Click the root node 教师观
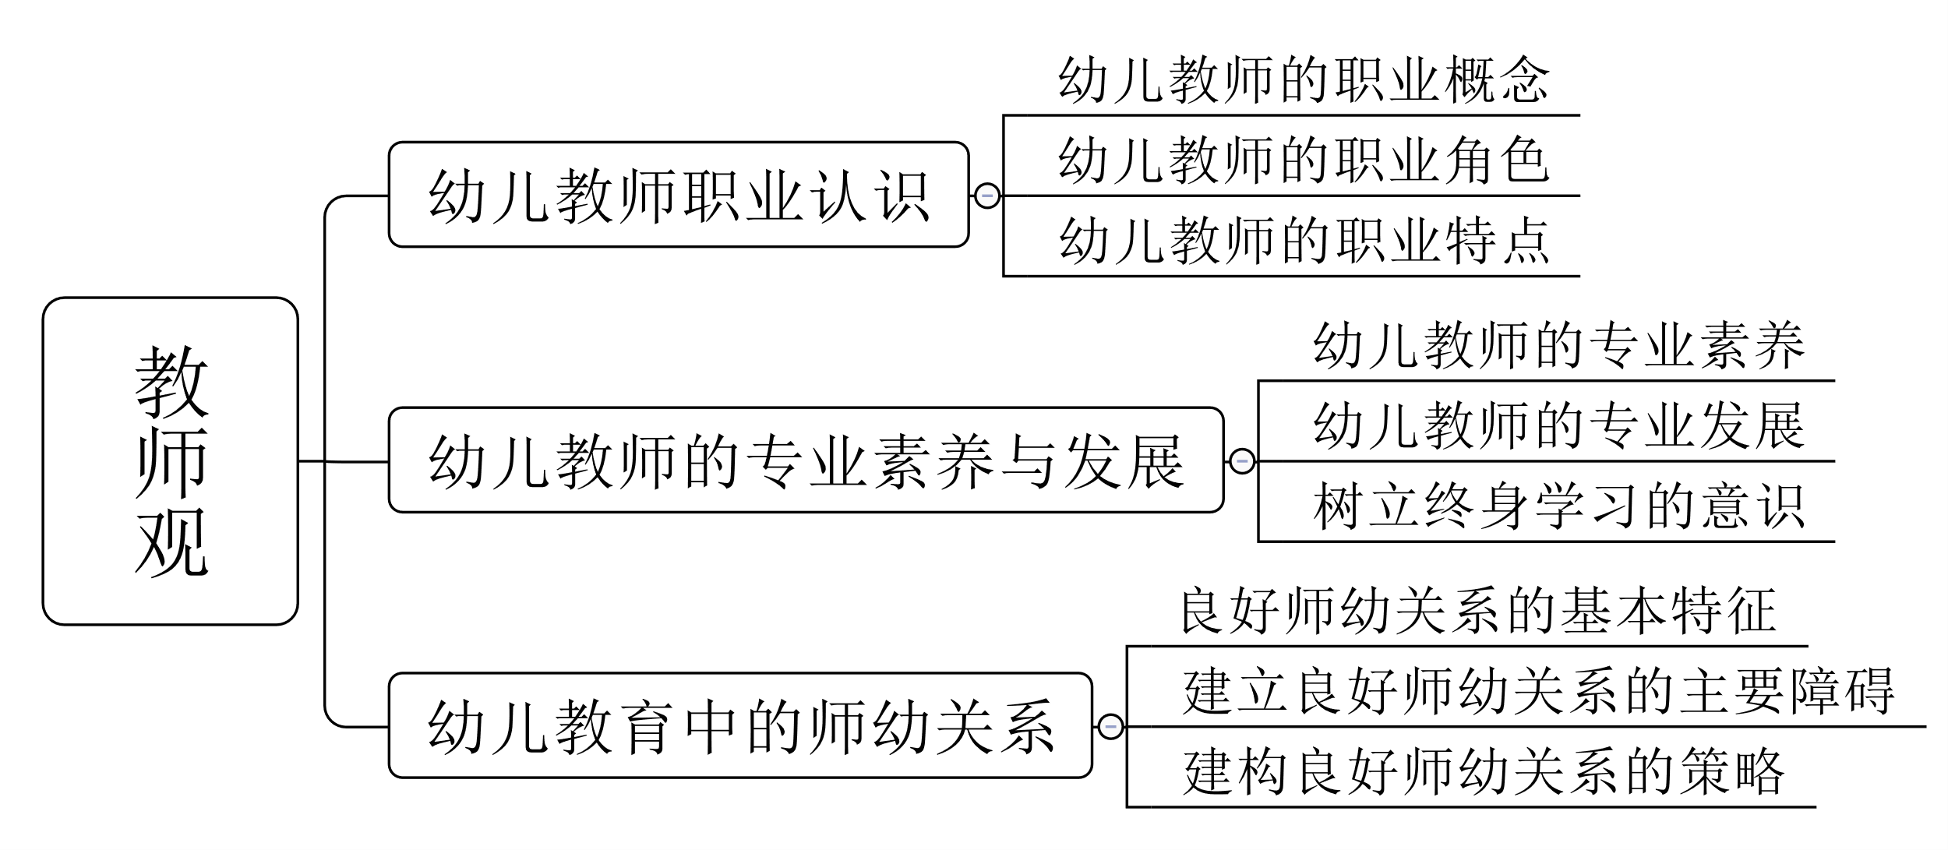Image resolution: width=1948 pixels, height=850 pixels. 170,461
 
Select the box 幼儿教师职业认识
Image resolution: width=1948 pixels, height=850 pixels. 678,195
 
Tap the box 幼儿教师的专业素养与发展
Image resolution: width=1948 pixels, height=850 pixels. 806,460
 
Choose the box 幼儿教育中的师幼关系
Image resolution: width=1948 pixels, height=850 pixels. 740,726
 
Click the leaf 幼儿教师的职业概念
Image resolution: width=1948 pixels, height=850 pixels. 1304,80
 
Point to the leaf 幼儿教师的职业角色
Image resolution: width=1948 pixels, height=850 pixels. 1304,160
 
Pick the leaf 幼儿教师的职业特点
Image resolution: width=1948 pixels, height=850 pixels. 1304,240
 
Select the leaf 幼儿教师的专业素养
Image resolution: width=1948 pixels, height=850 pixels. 1558,345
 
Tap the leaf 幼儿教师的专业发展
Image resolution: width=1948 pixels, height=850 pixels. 1558,425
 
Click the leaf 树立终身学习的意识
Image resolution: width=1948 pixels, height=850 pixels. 1558,506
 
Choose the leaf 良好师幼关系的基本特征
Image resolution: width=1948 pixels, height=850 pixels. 1478,611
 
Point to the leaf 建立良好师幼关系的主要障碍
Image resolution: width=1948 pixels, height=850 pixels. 1538,691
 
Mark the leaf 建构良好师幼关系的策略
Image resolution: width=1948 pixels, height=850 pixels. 1484,771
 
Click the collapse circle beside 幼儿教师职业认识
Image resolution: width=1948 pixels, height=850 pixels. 986,195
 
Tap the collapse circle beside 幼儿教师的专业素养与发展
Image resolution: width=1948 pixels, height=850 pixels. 1241,460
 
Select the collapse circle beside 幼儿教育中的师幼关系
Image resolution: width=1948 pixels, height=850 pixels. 1110,726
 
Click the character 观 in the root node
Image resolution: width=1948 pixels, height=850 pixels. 171,542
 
